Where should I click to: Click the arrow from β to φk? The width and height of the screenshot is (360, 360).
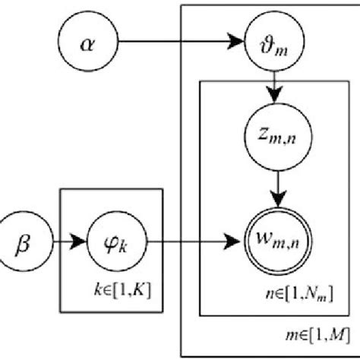coord(68,244)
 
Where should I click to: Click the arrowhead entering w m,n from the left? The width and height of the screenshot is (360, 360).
coord(231,245)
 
